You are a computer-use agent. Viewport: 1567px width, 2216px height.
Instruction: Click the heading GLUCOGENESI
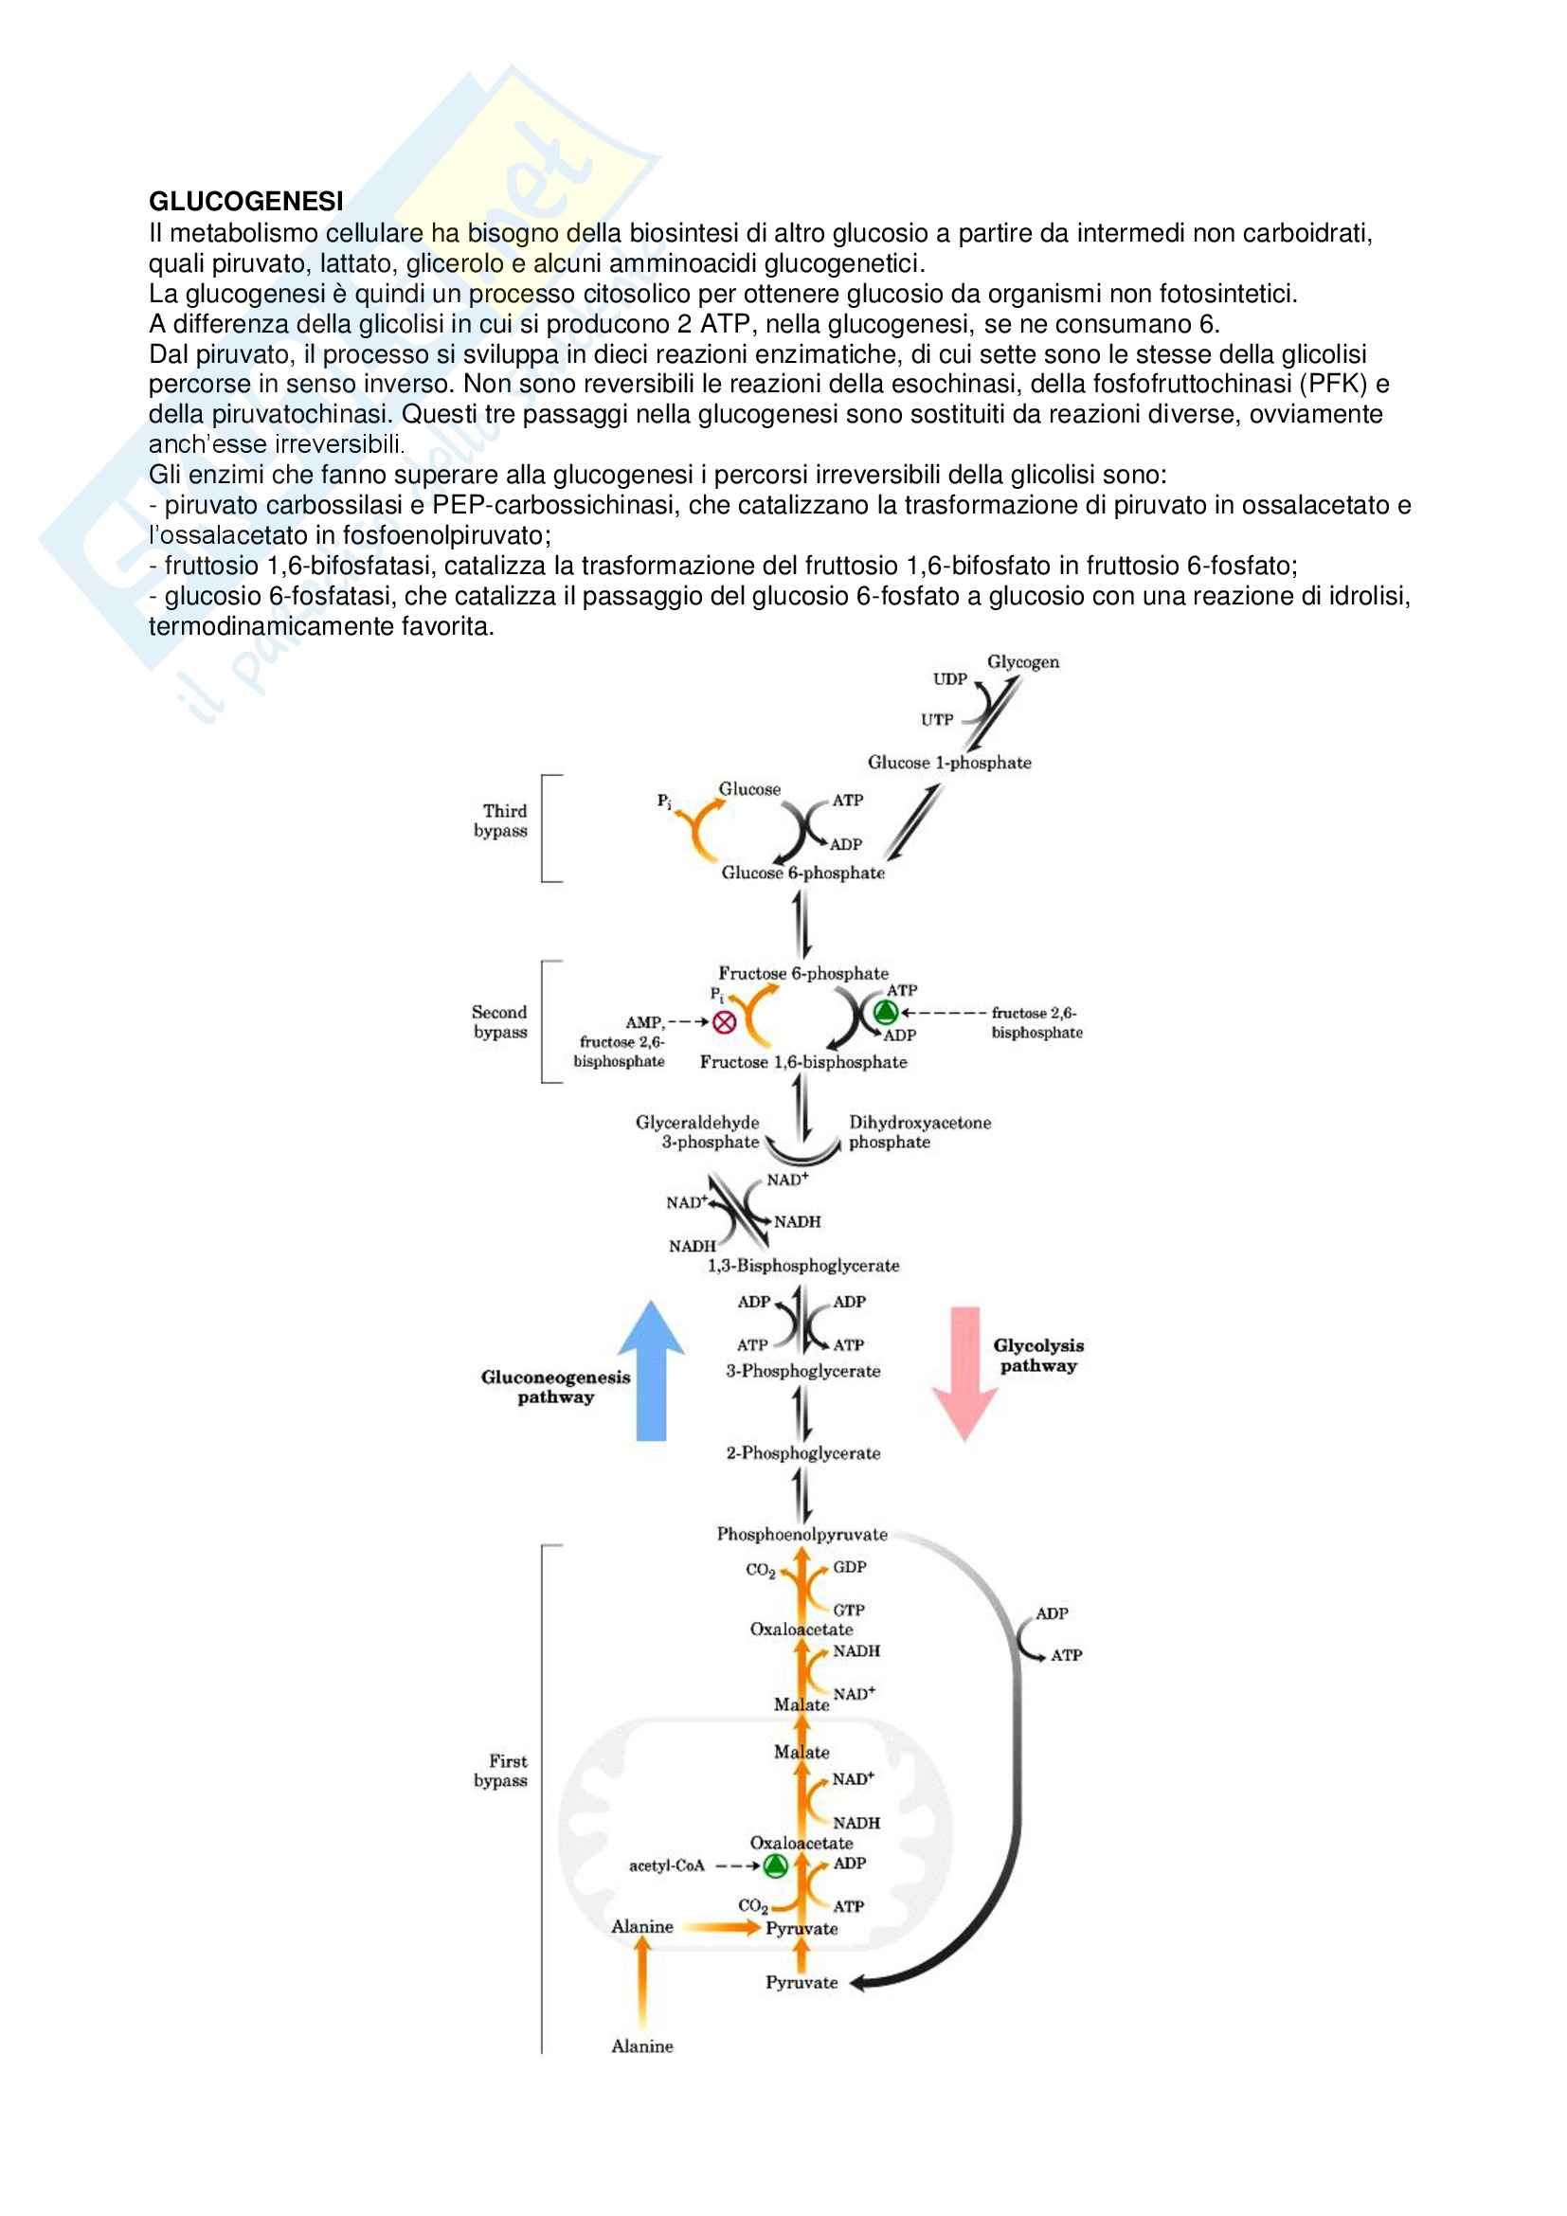(x=245, y=201)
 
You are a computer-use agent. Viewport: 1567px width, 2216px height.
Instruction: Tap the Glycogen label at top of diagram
(x=1023, y=662)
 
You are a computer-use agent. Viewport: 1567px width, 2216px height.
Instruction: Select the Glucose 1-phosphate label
(x=949, y=763)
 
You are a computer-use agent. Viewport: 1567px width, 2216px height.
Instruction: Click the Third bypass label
(x=502, y=820)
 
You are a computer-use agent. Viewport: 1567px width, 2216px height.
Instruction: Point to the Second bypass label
(x=500, y=1021)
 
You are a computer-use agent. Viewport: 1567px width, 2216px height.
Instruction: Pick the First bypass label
(x=502, y=1770)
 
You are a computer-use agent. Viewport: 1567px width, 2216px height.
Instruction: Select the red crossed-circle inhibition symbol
(x=723, y=1022)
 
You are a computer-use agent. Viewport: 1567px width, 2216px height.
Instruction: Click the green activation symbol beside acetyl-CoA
(x=775, y=1865)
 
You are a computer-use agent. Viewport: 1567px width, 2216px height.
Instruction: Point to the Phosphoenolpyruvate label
(x=802, y=1534)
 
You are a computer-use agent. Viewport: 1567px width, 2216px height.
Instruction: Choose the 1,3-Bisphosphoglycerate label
(x=802, y=1266)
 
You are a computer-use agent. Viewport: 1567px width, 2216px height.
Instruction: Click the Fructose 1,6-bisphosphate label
(x=802, y=1062)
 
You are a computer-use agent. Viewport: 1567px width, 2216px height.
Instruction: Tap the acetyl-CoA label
(x=667, y=1865)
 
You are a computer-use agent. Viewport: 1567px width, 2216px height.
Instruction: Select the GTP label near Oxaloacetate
(x=849, y=1610)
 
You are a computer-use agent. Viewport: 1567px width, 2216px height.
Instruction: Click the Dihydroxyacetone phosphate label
(x=919, y=1132)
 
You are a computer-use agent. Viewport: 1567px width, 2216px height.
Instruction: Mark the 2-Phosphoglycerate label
(x=802, y=1452)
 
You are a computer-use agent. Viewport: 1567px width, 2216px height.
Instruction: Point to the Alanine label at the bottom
(x=641, y=2045)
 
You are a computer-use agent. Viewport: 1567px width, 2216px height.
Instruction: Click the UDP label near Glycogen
(x=949, y=679)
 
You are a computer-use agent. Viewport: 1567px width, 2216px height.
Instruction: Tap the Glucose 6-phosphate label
(x=802, y=873)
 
